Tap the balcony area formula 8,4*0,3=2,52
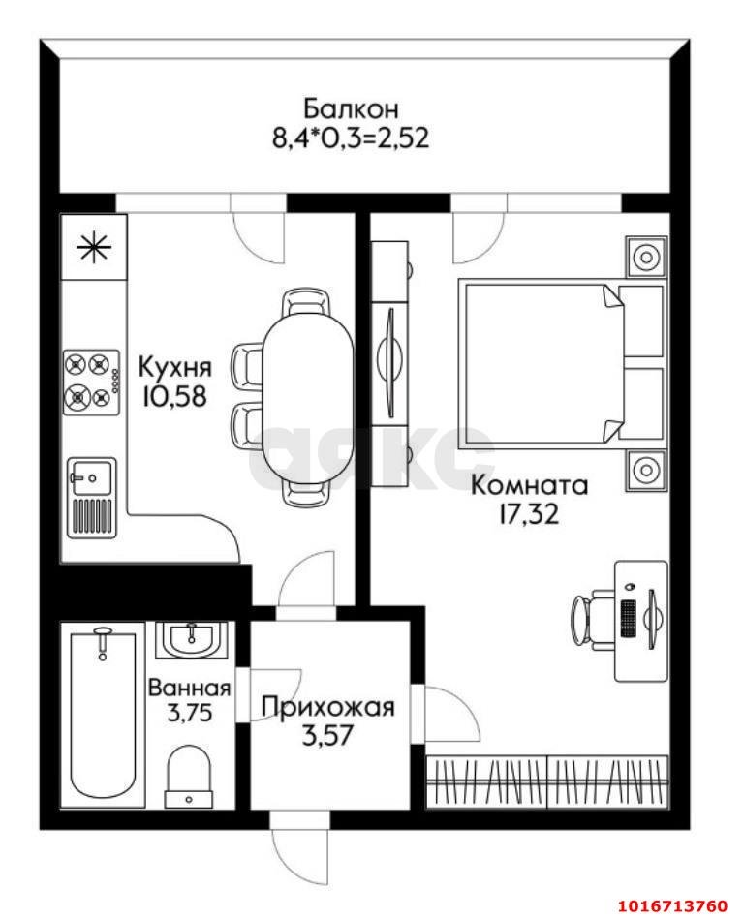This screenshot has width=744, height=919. (x=350, y=137)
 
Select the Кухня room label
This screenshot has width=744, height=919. (x=174, y=368)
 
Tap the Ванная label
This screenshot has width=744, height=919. (x=189, y=689)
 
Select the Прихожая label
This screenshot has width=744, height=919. (x=328, y=707)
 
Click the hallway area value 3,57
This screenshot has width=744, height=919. (x=327, y=735)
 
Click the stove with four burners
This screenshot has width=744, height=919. (x=90, y=381)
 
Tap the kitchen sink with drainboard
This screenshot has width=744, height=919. (x=91, y=497)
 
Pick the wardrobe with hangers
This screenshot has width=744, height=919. (x=547, y=780)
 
